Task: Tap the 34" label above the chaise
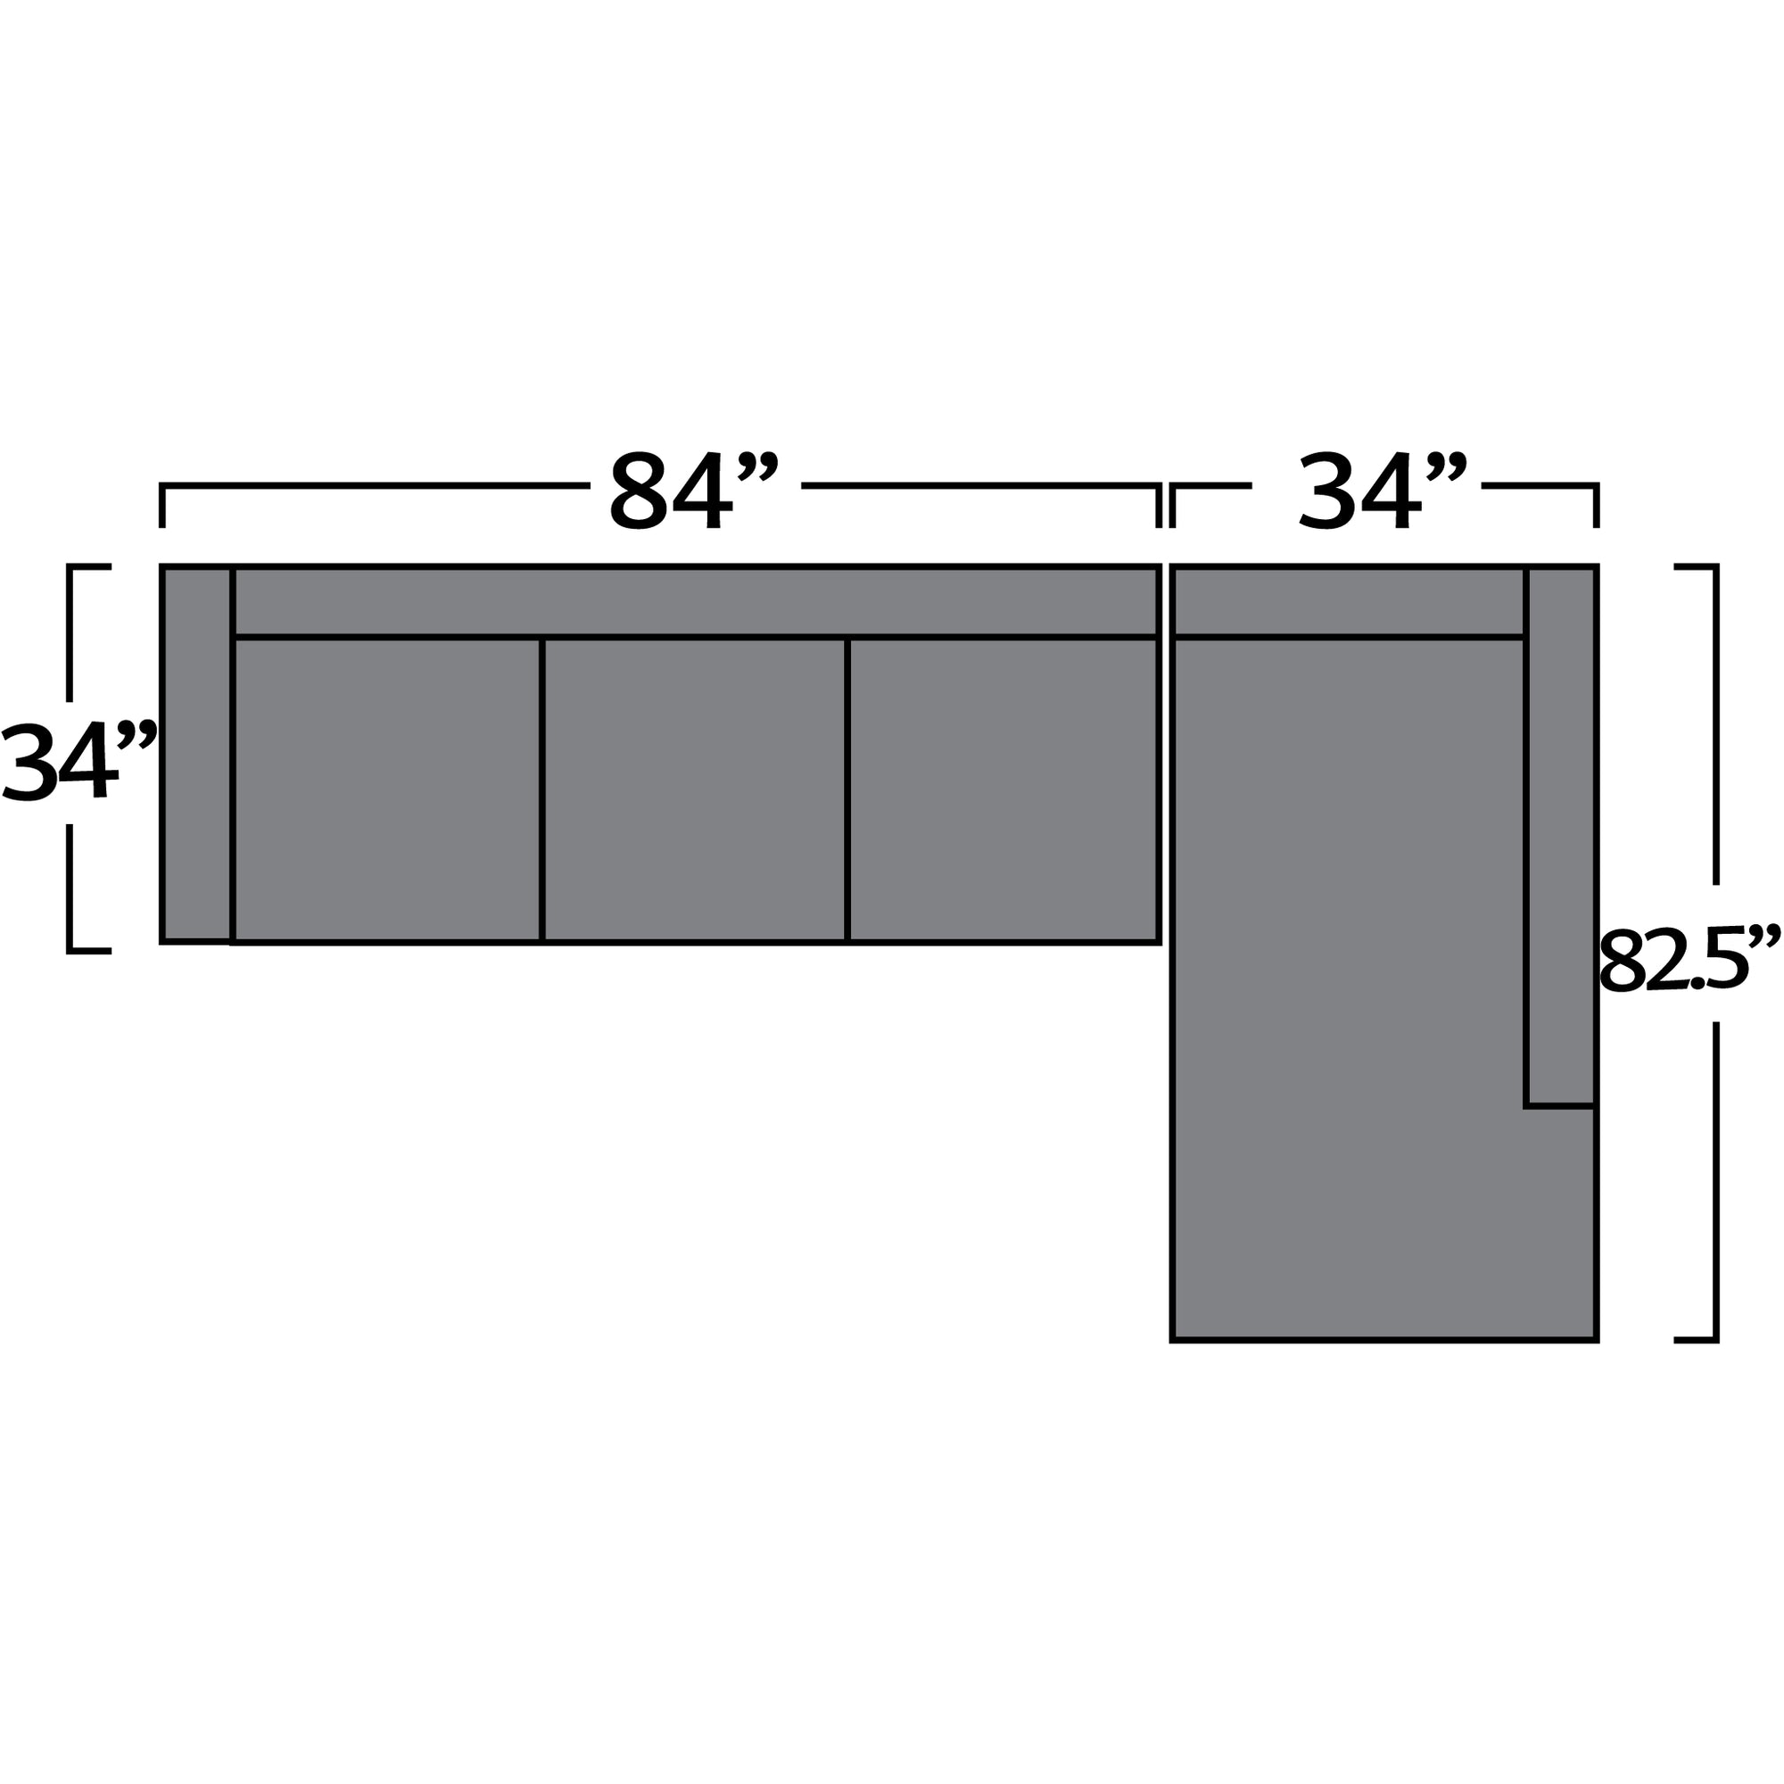(x=1382, y=491)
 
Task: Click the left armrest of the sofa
(x=195, y=754)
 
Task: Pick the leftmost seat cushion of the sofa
(x=387, y=789)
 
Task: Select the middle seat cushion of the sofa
(x=693, y=789)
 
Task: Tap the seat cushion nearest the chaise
(x=1002, y=789)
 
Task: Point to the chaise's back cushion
(x=1348, y=601)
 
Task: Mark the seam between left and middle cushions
(x=542, y=789)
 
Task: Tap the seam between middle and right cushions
(x=847, y=789)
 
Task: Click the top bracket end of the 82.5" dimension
(x=1697, y=566)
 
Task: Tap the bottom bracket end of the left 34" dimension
(x=88, y=950)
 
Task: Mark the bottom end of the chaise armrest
(x=1560, y=1104)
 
